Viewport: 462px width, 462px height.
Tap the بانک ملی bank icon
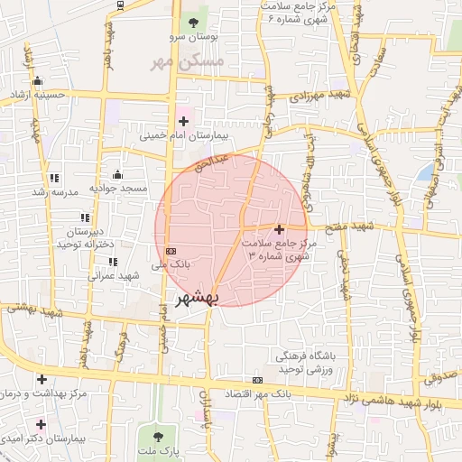pos(171,251)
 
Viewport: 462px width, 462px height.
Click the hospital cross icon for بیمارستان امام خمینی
pos(184,119)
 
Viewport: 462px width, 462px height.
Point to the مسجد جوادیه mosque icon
pos(117,174)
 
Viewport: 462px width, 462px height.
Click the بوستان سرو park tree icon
pos(191,22)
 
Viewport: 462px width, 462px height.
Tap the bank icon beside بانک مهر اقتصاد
pos(258,380)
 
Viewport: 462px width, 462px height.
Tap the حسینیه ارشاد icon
pos(37,81)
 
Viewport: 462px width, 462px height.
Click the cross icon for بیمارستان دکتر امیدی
pos(41,423)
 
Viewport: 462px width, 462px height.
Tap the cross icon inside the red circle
pos(280,230)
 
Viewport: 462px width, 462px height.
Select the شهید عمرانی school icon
pos(113,263)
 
